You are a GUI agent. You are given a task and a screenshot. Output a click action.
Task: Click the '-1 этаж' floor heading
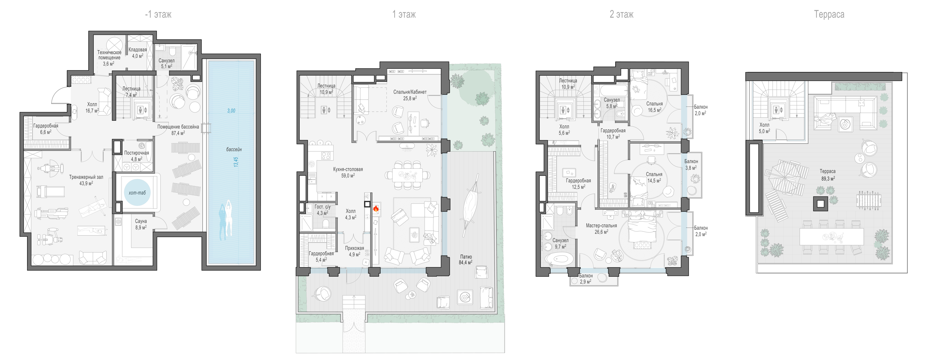click(158, 14)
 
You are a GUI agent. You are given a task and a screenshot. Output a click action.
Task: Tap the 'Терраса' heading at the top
click(829, 14)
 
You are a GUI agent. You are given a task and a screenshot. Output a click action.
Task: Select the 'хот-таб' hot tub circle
click(137, 193)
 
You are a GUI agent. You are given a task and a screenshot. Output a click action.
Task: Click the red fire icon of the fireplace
click(376, 208)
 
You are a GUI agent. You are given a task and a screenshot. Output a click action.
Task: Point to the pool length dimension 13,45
click(236, 162)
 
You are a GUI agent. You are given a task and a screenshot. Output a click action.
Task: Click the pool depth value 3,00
click(231, 111)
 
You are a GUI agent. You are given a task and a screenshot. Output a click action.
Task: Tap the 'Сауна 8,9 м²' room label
click(141, 224)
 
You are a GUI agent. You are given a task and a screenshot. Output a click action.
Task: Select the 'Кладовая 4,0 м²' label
click(138, 53)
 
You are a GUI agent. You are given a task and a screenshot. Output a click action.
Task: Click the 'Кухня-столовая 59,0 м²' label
click(348, 172)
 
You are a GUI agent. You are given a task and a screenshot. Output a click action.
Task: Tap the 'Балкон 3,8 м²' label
click(691, 165)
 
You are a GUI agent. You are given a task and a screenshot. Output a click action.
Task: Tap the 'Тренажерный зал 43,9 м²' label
click(86, 180)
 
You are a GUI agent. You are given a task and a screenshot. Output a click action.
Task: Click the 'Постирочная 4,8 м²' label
click(137, 156)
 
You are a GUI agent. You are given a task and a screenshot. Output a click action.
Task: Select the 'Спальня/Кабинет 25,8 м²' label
click(410, 95)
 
